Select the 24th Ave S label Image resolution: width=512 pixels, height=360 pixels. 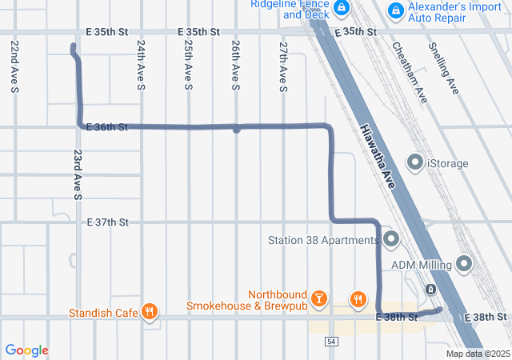(141, 66)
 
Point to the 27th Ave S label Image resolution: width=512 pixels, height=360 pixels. (283, 67)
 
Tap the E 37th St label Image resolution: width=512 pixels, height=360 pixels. (107, 222)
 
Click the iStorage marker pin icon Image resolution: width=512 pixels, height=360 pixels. (415, 163)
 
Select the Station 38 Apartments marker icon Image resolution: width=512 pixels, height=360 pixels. (391, 239)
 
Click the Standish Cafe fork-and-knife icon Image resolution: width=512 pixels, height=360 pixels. (149, 312)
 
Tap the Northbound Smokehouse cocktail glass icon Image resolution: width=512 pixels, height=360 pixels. (319, 299)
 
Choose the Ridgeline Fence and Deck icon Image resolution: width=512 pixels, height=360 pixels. (342, 8)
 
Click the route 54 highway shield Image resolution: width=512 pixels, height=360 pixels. (330, 342)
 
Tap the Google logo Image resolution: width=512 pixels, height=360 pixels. (26, 350)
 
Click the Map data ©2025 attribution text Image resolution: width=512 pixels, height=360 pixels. (477, 354)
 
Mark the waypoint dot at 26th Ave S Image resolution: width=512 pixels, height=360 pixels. (236, 129)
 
